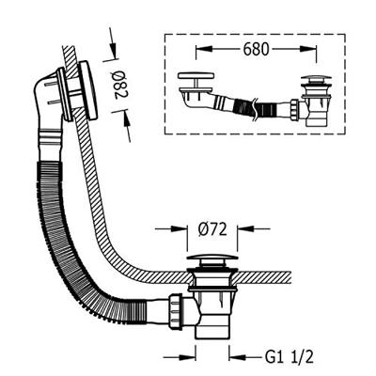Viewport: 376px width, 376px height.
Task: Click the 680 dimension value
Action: point(256,49)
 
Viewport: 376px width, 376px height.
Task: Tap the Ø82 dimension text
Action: point(119,85)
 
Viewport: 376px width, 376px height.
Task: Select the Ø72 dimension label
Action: point(212,230)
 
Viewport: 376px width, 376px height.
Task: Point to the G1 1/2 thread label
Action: point(290,356)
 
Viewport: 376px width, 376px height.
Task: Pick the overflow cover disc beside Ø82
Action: point(87,90)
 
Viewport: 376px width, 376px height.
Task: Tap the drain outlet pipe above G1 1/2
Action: point(212,329)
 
